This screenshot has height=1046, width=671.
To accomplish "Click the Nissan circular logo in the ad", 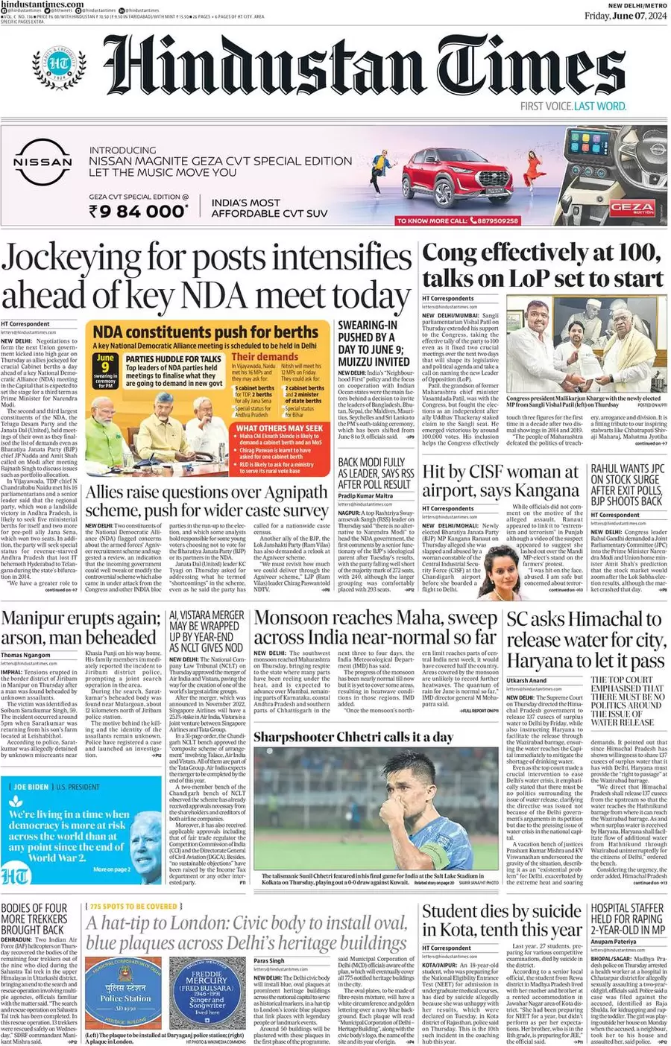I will coord(42,162).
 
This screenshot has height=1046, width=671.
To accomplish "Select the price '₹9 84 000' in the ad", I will coord(139,212).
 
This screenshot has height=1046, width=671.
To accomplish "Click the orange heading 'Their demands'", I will coord(265,356).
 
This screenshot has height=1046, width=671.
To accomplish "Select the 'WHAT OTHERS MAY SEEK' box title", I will coord(280,428).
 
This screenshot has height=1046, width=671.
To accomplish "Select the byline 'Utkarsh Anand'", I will coord(527,680).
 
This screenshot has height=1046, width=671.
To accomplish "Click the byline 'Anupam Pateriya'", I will coord(614,942).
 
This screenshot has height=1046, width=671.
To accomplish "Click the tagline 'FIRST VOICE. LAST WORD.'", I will coord(573,106).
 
